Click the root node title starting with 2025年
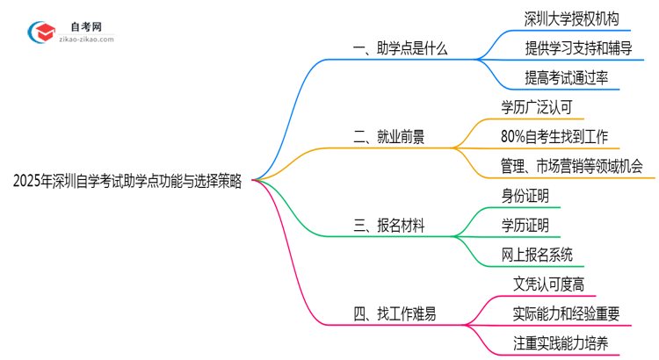click(128, 181)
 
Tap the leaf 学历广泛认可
click(541, 107)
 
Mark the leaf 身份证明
click(525, 195)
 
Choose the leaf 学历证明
click(525, 225)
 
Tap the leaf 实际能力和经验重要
click(566, 313)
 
